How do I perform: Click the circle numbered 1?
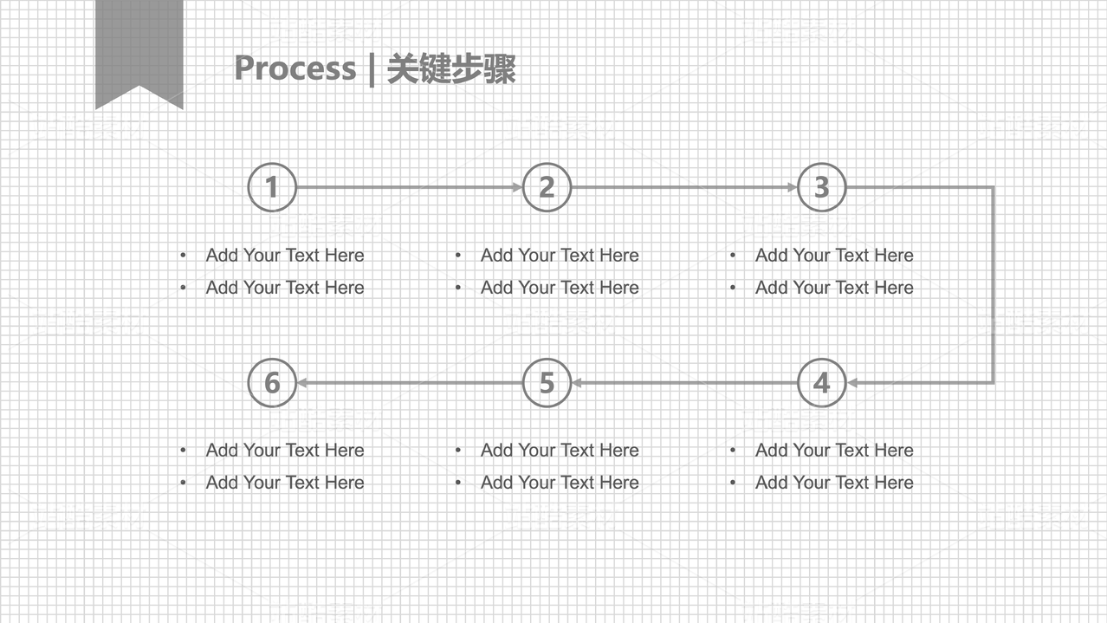(272, 187)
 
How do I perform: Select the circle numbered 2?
(547, 187)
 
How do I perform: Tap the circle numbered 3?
(821, 187)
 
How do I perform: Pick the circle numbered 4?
(821, 382)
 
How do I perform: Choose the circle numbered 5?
(547, 382)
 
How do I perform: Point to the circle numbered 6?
(272, 382)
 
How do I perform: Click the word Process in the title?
(295, 68)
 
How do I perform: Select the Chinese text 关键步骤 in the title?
(450, 68)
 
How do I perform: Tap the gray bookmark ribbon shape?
(139, 48)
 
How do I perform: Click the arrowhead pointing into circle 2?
(517, 187)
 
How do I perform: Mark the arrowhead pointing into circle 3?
(792, 187)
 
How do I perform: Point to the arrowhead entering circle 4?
(852, 382)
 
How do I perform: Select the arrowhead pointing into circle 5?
(577, 382)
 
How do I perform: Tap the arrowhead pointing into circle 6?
(302, 382)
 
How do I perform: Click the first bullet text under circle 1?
(285, 255)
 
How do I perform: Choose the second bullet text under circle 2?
(560, 288)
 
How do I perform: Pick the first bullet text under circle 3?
(834, 255)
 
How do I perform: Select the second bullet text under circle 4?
(834, 483)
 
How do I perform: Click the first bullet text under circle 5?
(560, 450)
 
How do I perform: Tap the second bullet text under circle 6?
(285, 483)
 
